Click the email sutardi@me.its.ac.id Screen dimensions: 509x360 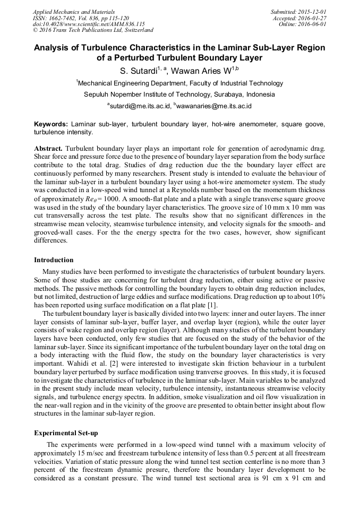tap(140, 106)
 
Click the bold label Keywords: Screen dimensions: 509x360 tap(51, 124)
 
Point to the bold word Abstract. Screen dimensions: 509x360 tap(48, 146)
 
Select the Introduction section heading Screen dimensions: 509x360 tap(54, 260)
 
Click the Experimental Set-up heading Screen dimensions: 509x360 tap(66, 433)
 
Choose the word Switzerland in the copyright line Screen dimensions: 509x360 tap(136, 30)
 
